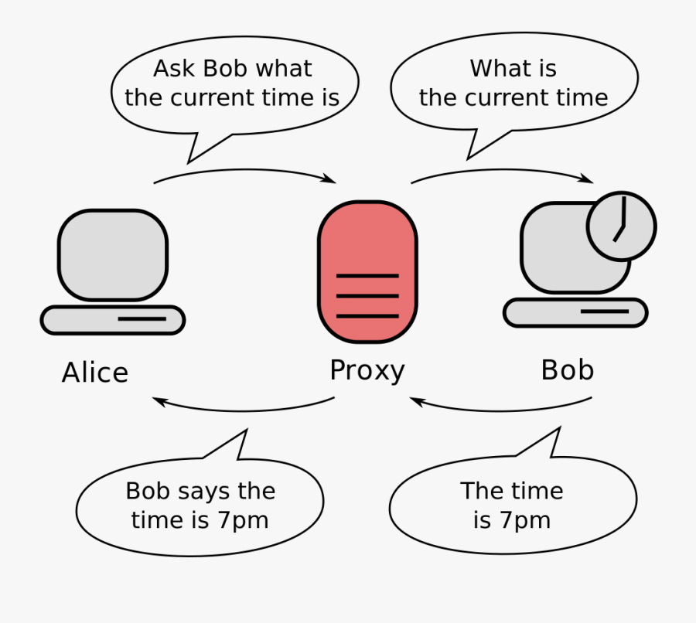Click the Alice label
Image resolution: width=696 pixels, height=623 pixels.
(95, 372)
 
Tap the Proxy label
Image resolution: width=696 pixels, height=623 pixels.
(367, 370)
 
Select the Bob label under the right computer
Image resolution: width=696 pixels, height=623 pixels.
(568, 369)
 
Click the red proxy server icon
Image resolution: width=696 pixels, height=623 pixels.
(367, 272)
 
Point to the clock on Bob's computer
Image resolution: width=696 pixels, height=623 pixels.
(622, 226)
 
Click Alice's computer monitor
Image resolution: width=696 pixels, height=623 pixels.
(113, 255)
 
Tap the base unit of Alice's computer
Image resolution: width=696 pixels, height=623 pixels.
(113, 320)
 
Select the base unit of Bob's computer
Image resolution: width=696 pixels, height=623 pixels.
(575, 313)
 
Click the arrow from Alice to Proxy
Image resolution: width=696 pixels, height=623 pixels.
(244, 170)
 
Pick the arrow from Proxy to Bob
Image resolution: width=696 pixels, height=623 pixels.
(502, 170)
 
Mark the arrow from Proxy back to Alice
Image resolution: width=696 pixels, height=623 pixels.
(244, 410)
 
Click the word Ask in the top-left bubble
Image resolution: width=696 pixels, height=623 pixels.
(174, 68)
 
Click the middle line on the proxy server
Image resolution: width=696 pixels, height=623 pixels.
(367, 295)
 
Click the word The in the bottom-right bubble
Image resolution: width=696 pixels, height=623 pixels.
(479, 491)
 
